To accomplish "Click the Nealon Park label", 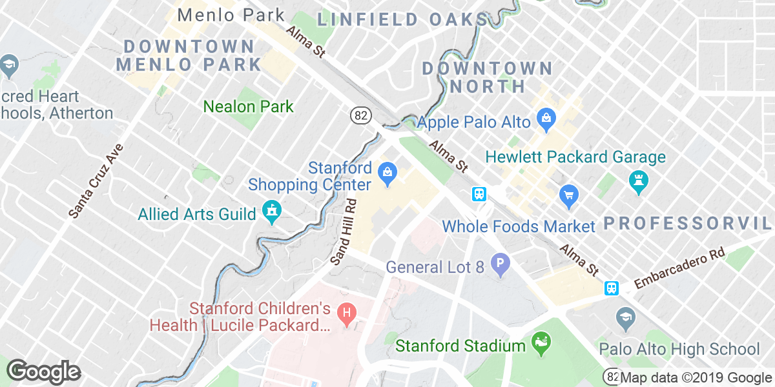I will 249,106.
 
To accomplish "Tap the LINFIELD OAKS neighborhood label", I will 402,19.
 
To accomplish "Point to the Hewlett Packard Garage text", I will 575,157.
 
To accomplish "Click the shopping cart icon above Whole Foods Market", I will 568,194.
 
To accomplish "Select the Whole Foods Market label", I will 518,226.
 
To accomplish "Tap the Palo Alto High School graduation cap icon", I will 624,316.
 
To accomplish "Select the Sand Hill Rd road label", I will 343,232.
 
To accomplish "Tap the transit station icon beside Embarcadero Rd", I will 611,288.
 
